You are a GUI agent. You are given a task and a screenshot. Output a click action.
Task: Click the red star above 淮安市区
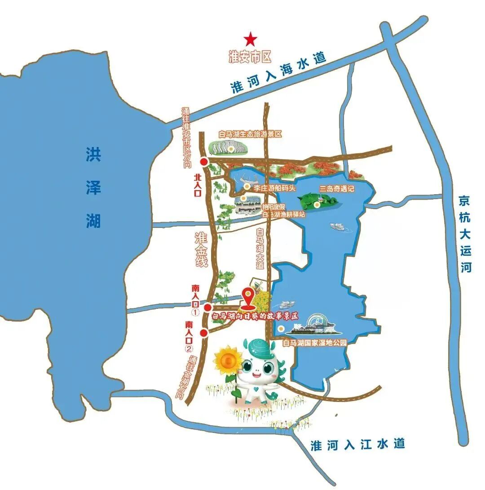[250, 39]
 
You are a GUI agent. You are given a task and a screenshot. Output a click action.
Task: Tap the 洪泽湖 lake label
[93, 188]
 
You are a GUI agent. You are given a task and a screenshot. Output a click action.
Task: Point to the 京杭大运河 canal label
[466, 234]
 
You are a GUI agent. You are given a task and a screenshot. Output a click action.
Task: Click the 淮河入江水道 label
[358, 445]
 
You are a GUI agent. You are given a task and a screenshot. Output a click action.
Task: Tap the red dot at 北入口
[204, 162]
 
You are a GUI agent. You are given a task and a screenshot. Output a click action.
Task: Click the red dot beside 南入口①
[207, 307]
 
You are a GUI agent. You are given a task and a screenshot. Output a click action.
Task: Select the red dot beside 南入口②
[203, 333]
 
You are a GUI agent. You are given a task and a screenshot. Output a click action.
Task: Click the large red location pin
[247, 296]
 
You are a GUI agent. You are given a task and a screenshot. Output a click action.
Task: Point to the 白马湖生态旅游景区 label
[250, 134]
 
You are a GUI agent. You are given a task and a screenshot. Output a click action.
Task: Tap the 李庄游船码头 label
[275, 188]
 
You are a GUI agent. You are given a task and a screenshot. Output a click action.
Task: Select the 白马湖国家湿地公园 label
[315, 343]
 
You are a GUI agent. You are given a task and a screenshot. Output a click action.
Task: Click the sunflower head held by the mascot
[227, 360]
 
